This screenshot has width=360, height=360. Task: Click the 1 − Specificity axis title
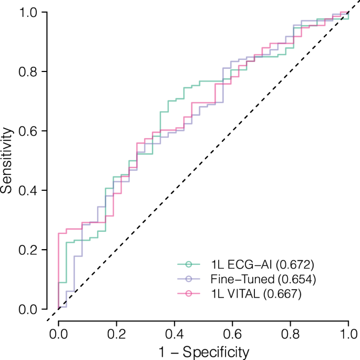pos(203,350)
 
